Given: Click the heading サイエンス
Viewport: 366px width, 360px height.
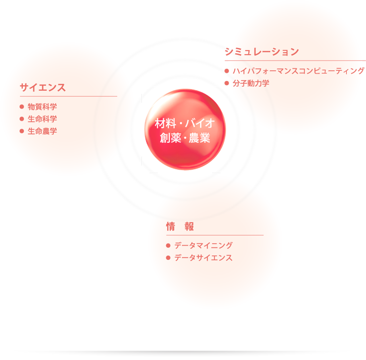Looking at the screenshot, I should click(x=43, y=87).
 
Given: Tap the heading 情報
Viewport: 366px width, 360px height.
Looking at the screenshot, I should click(x=180, y=226).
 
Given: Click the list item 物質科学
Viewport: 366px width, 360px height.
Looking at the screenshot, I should click(x=42, y=107).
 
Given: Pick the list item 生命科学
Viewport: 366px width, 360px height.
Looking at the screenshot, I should click(x=42, y=119).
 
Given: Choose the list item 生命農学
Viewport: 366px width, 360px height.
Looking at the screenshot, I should click(x=42, y=131).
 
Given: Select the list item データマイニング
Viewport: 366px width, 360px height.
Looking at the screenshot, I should click(x=203, y=246).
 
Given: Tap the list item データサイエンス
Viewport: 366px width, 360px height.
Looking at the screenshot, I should click(x=203, y=258).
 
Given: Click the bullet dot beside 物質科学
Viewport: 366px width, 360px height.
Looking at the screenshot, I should click(x=22, y=107).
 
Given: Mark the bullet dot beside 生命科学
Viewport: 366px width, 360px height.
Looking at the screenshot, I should click(x=22, y=119).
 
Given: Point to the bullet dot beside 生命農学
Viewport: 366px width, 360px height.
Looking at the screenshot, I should click(x=22, y=131).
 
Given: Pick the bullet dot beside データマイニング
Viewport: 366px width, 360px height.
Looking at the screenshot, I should click(x=168, y=246).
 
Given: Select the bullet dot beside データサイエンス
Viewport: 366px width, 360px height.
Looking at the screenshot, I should click(x=168, y=258).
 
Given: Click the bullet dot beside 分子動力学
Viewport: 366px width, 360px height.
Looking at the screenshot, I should click(x=226, y=82).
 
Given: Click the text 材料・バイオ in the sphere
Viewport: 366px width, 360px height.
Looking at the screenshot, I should click(x=185, y=123).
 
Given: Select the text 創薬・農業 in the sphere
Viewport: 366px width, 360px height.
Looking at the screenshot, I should click(x=185, y=138).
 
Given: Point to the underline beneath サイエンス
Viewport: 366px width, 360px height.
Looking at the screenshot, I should click(x=68, y=96).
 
